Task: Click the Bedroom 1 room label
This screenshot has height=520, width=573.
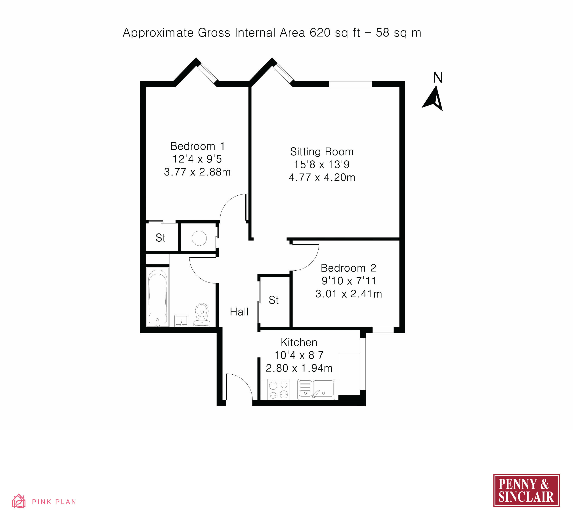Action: coord(197,146)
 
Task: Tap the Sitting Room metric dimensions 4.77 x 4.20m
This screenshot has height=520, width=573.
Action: coord(322,177)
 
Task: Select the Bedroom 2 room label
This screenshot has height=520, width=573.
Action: coord(348,268)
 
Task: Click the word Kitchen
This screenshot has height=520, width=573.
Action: coord(299,343)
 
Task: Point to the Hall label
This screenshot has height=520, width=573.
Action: coord(239,312)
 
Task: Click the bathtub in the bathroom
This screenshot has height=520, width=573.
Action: coord(157,297)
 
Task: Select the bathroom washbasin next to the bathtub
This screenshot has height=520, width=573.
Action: coord(181,321)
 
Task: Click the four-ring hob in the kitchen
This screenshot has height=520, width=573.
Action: coord(279,390)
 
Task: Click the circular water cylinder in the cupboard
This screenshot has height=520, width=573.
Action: coord(199,238)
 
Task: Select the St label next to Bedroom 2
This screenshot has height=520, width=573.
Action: coord(273,300)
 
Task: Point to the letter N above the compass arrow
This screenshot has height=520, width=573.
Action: coord(438,78)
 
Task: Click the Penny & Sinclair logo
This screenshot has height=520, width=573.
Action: coord(526,490)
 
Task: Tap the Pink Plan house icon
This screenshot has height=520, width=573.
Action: coord(19,501)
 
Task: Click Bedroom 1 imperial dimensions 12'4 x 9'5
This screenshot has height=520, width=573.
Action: coord(197,159)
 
